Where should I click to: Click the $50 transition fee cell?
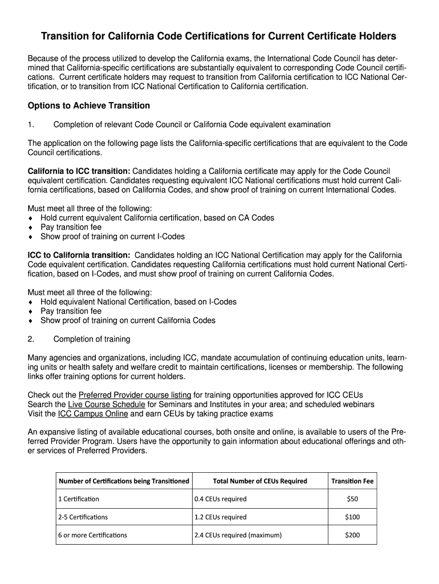[352, 499]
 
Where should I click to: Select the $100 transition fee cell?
[352, 517]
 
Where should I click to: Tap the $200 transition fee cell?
[352, 535]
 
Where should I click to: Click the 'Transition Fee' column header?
[352, 481]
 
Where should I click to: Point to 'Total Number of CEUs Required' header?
[259, 481]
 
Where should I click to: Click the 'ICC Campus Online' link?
[93, 413]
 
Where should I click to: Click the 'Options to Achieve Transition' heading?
[89, 106]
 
